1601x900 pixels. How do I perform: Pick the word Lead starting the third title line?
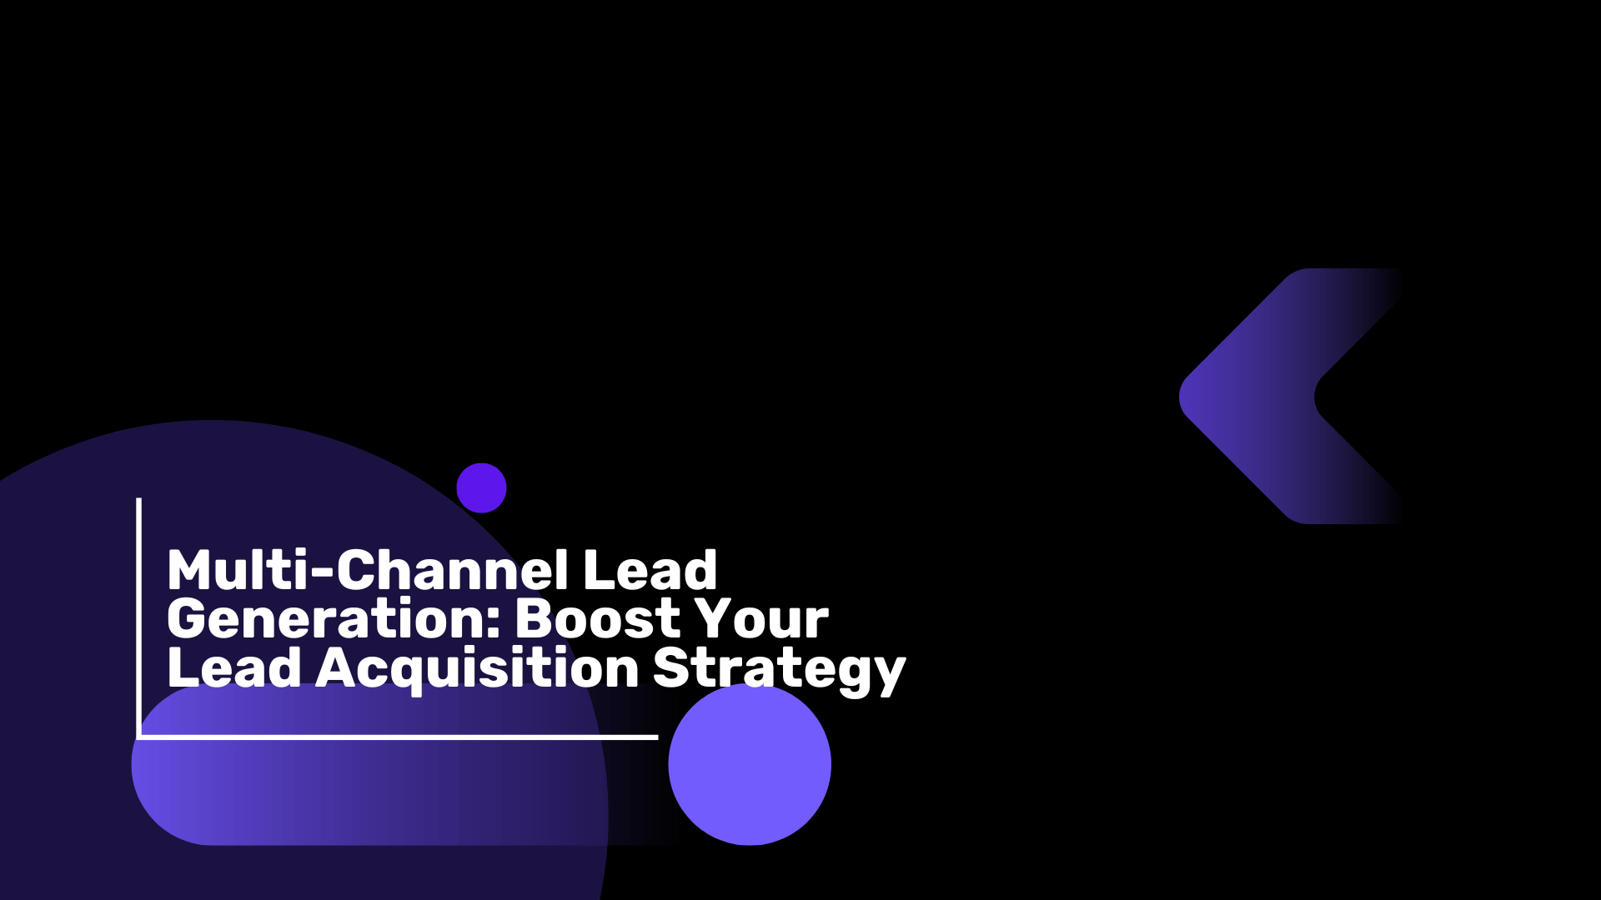pyautogui.click(x=234, y=667)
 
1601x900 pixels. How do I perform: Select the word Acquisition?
pyautogui.click(x=477, y=672)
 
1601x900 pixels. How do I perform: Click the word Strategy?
pyautogui.click(x=779, y=672)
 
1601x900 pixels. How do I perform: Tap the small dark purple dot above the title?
pyautogui.click(x=481, y=487)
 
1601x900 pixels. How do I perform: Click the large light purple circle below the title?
pyautogui.click(x=750, y=764)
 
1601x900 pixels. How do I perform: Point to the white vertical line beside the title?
pyautogui.click(x=138, y=617)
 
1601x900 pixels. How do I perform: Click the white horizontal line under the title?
pyautogui.click(x=397, y=737)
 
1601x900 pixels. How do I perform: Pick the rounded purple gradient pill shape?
pyautogui.click(x=400, y=764)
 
